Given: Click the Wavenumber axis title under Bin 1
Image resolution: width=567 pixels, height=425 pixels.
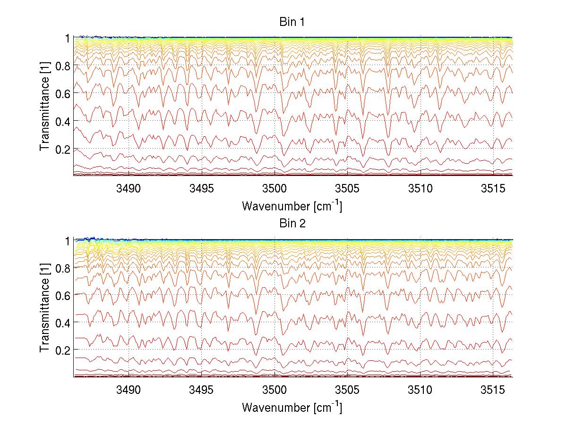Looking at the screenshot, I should click(292, 206).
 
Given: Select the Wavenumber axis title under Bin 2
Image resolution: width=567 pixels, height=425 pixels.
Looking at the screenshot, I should click(292, 407).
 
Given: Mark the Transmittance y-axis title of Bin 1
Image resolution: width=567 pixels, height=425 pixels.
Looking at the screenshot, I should click(45, 106).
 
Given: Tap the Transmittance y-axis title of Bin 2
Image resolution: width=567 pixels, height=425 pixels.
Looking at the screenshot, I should click(45, 308).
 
